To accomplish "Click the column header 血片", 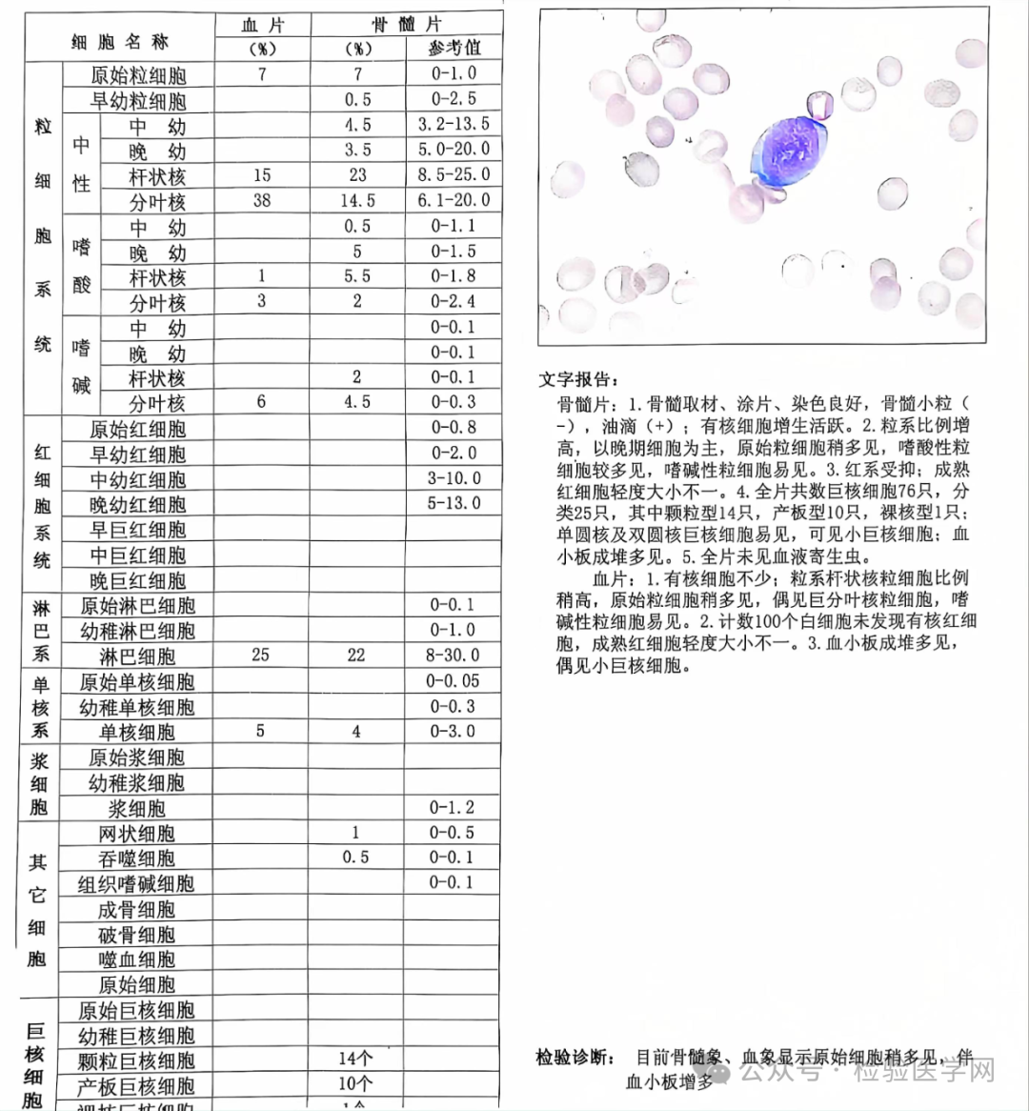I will pyautogui.click(x=262, y=25).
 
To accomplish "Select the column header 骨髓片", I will pyautogui.click(x=406, y=25).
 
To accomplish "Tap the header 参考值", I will pyautogui.click(x=454, y=49).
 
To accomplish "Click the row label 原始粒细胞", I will pyautogui.click(x=138, y=75).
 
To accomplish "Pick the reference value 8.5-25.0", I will pyautogui.click(x=454, y=175).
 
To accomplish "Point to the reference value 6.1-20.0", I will pyautogui.click(x=454, y=200).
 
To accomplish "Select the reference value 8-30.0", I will pyautogui.click(x=454, y=656).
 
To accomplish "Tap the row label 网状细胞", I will pyautogui.click(x=137, y=834).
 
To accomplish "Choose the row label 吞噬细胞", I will pyautogui.click(x=137, y=858).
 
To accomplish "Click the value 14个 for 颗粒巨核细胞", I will pyautogui.click(x=355, y=1059).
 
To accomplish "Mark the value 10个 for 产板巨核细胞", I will pyautogui.click(x=355, y=1084).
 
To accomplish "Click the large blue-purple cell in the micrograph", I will pyautogui.click(x=786, y=152).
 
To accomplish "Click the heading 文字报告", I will pyautogui.click(x=579, y=379).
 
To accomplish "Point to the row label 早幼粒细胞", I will pyautogui.click(x=138, y=101).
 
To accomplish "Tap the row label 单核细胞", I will pyautogui.click(x=137, y=733).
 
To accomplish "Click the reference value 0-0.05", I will pyautogui.click(x=454, y=681).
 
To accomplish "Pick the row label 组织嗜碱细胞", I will pyautogui.click(x=136, y=884).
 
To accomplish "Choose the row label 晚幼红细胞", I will pyautogui.click(x=138, y=505).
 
